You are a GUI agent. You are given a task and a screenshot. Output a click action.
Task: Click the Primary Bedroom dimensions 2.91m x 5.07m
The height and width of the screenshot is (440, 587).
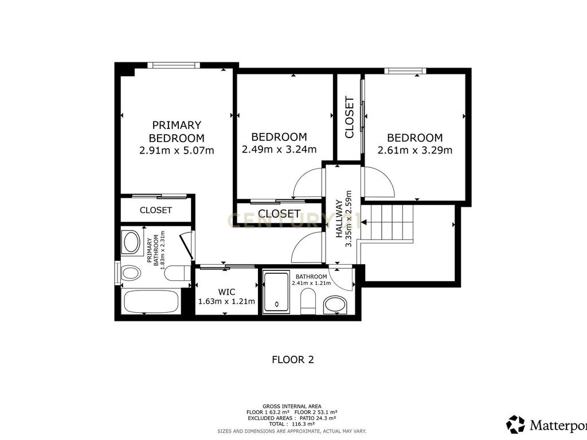(x=177, y=151)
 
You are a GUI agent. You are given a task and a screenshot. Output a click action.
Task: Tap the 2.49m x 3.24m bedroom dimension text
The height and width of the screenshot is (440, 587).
(x=279, y=150)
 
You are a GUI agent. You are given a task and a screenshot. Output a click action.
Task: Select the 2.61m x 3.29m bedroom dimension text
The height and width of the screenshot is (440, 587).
(x=415, y=150)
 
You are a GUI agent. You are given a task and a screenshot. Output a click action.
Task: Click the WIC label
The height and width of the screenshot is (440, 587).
(x=226, y=292)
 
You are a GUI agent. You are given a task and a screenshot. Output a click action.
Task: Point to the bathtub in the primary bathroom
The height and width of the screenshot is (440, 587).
(x=151, y=301)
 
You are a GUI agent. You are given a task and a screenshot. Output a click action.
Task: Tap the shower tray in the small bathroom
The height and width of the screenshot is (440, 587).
(x=276, y=292)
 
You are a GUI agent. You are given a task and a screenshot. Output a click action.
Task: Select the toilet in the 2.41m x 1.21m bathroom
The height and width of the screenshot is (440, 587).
(x=308, y=301)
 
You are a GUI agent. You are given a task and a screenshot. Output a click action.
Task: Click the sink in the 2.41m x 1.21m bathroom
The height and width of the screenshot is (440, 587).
(x=335, y=305)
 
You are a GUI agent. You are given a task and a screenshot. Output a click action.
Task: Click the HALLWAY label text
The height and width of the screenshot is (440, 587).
(x=339, y=218)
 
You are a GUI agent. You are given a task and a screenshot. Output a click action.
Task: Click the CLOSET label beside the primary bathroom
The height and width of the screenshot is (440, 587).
(x=156, y=210)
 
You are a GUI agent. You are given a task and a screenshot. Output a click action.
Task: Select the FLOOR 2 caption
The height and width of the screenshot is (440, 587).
(x=293, y=360)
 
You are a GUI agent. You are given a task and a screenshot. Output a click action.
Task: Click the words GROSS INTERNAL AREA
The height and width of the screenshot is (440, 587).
(x=292, y=406)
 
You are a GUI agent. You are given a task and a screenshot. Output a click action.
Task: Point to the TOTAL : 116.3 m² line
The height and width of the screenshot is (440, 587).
(x=292, y=424)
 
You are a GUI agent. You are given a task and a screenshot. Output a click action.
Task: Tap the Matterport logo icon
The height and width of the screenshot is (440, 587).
(x=515, y=425)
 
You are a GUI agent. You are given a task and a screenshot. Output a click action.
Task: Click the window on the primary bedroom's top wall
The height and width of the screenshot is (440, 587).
(x=174, y=65)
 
